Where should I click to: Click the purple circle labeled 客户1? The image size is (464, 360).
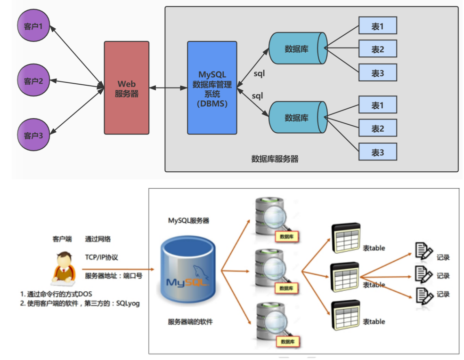[33, 26]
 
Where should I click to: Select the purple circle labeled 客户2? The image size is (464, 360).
[33, 80]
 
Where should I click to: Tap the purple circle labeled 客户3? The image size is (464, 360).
[33, 136]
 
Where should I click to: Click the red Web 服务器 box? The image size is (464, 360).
[127, 88]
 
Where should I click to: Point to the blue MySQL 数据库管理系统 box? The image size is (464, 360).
[212, 88]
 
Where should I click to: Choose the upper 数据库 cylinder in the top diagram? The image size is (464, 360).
[297, 48]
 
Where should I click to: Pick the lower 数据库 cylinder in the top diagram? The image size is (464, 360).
[297, 117]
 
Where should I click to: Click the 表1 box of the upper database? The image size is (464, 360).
[378, 26]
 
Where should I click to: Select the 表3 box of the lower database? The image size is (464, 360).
[378, 152]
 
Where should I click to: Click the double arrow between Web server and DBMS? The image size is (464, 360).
[168, 88]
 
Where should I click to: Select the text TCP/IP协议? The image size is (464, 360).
[101, 257]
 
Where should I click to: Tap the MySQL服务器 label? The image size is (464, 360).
[188, 220]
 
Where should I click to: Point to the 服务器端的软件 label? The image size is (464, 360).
[190, 322]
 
